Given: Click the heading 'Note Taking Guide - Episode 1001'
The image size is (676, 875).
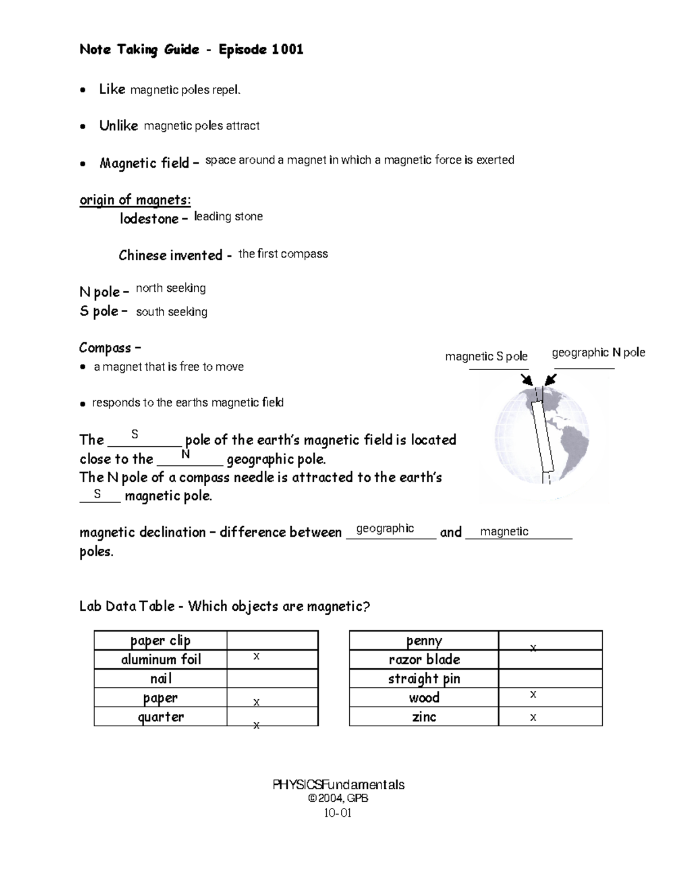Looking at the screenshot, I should (x=192, y=50).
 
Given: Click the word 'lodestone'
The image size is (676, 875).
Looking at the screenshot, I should (x=149, y=219).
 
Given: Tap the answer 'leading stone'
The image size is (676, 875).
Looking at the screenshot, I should (x=228, y=217).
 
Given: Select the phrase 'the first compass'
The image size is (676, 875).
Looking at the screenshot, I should (x=283, y=254).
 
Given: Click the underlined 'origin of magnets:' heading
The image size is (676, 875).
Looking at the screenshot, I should (x=135, y=200).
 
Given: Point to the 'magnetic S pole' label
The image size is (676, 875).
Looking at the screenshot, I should (x=486, y=357).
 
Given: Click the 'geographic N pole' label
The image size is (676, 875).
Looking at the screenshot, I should (x=598, y=353).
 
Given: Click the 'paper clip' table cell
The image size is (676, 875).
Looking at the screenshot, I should (x=161, y=641).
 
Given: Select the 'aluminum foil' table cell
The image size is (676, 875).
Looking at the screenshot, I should (x=161, y=660).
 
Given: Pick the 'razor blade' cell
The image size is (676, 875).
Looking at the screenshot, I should (x=424, y=660).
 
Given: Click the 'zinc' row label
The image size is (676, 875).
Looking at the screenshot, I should (x=424, y=717).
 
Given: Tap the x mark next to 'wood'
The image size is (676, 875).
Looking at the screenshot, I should (x=533, y=695).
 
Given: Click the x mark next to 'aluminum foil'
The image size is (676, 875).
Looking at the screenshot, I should (x=256, y=657).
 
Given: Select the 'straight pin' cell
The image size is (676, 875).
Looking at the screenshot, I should (x=424, y=679).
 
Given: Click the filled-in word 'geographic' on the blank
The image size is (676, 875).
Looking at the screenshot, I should (x=385, y=528).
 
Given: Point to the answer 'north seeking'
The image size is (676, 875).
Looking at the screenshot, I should (x=171, y=288).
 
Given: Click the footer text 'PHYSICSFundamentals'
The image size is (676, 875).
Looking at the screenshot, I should (x=339, y=785).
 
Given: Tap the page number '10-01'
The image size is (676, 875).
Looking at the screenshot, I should (x=338, y=813).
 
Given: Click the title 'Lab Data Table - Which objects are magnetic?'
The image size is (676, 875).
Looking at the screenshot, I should (x=225, y=607).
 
